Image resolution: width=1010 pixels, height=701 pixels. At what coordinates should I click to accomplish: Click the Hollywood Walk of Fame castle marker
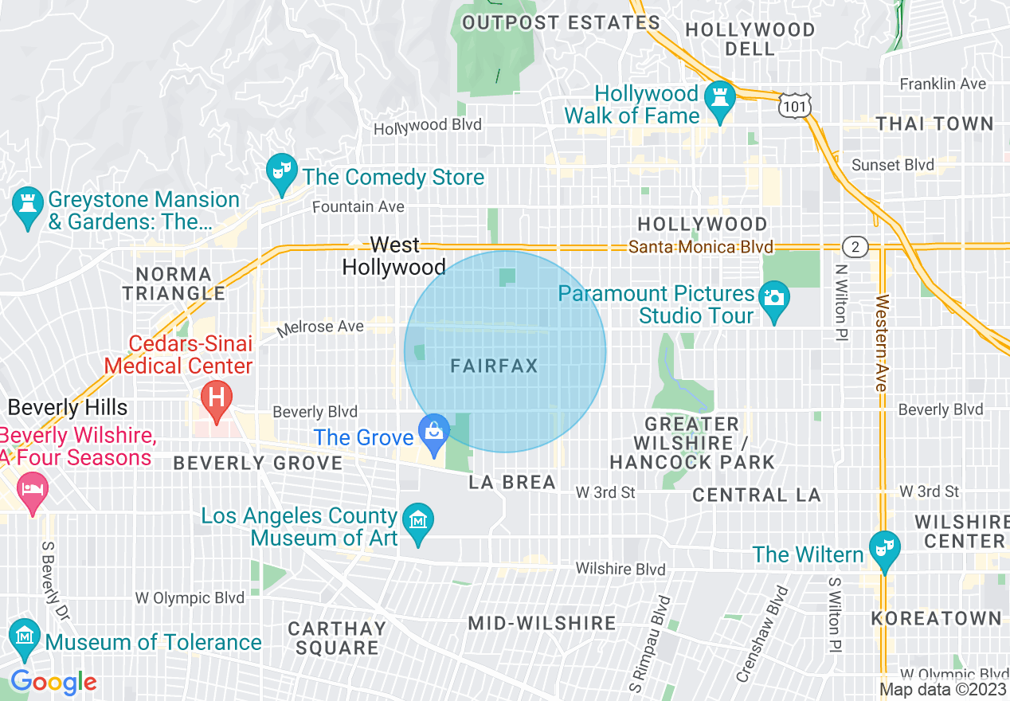tap(720, 99)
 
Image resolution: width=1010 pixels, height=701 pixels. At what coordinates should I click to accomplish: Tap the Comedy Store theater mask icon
tap(280, 172)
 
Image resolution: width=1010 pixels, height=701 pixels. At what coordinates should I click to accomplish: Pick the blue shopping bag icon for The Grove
tap(435, 432)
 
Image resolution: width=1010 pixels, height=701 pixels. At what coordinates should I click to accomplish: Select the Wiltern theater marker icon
tap(884, 549)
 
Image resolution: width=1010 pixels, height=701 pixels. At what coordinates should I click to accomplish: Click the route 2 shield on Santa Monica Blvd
tap(855, 247)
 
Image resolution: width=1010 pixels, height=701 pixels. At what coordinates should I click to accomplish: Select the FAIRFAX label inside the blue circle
tap(494, 366)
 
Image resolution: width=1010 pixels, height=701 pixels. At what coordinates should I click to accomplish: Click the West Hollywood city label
tap(394, 256)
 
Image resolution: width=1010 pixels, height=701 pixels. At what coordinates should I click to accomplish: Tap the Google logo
tap(53, 682)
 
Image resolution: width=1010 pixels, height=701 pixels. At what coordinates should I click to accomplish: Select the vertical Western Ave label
tap(881, 343)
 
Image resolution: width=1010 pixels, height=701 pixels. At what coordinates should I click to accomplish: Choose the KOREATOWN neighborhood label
tap(936, 618)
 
